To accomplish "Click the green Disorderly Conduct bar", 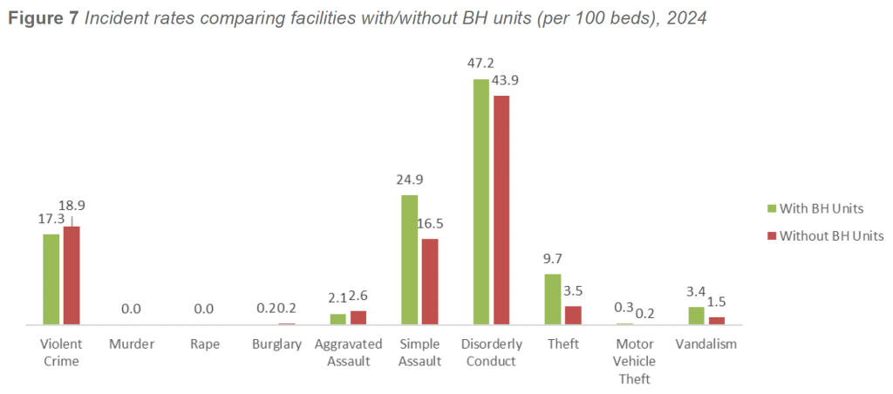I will click(x=481, y=201).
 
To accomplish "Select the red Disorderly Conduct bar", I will click(x=501, y=209).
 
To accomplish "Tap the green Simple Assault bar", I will click(x=408, y=260).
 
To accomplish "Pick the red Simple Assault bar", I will click(x=429, y=282).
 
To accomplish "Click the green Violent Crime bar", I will click(x=51, y=279).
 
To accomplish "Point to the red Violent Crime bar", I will click(x=72, y=275).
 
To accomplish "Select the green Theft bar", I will click(x=553, y=299).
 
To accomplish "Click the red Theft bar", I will click(x=573, y=315).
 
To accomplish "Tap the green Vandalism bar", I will click(x=696, y=316).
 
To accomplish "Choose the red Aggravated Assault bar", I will click(x=358, y=317).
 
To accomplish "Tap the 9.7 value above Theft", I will click(x=552, y=260).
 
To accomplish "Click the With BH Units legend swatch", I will click(x=771, y=208).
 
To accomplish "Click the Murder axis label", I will click(x=132, y=344).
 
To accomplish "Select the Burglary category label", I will click(x=276, y=344).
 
